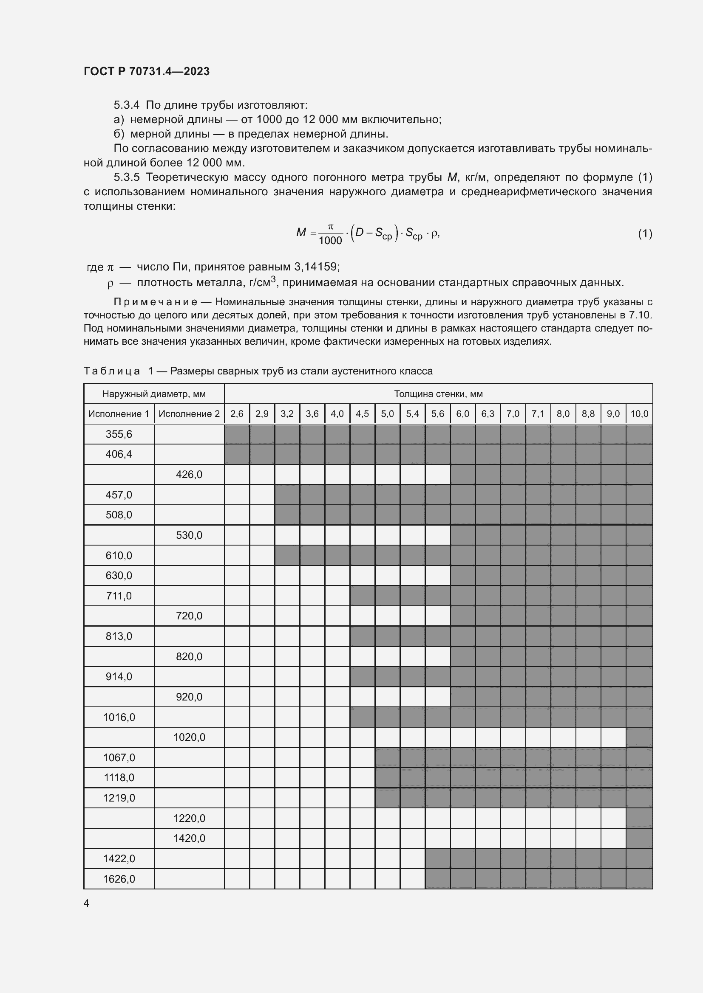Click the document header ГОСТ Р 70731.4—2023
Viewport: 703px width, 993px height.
point(146,71)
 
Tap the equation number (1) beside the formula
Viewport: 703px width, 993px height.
point(645,233)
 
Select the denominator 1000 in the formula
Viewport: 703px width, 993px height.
point(330,240)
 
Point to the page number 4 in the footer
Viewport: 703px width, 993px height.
point(86,903)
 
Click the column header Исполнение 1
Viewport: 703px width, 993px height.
point(119,414)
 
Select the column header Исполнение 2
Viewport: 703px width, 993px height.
point(189,414)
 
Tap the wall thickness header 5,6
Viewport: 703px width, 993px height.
point(437,414)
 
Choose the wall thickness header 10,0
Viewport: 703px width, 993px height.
point(639,414)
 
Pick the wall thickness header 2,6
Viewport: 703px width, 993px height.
point(236,414)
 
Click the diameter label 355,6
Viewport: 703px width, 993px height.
point(119,434)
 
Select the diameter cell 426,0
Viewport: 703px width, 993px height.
point(189,475)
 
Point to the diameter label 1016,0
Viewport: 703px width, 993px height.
point(119,717)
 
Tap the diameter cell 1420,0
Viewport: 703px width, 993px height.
point(189,838)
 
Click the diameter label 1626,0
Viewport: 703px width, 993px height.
point(119,879)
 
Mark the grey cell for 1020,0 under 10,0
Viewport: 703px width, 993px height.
point(639,737)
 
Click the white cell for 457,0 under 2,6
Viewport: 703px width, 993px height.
point(236,494)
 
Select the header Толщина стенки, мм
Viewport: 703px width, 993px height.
point(438,394)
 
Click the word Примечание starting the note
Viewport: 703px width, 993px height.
point(156,301)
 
